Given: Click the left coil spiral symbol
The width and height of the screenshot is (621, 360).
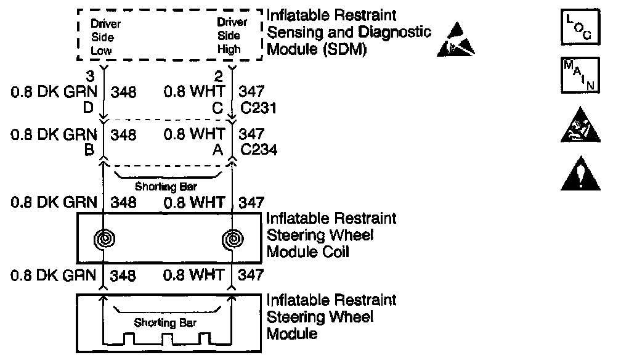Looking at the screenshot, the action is pyautogui.click(x=103, y=239).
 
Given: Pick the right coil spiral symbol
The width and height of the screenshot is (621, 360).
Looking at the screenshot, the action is pyautogui.click(x=232, y=239).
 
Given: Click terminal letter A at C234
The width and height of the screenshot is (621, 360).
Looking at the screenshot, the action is pyautogui.click(x=218, y=149).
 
